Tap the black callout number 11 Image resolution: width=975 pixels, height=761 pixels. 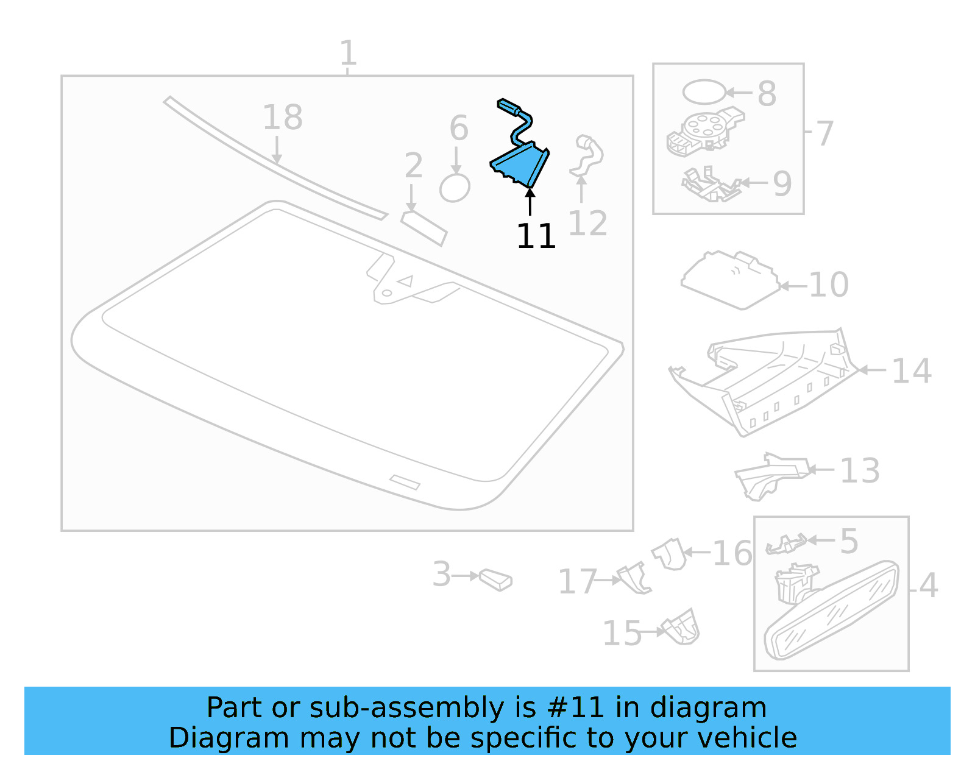[536, 236]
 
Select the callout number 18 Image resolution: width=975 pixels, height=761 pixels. [282, 118]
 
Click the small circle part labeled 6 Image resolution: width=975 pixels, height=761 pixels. [455, 188]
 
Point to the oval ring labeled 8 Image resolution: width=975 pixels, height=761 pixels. [704, 92]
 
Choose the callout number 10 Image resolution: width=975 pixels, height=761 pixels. [829, 285]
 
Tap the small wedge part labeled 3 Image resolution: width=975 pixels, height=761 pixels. [496, 579]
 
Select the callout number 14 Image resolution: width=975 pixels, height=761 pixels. [911, 370]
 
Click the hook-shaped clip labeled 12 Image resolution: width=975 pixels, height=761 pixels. [586, 155]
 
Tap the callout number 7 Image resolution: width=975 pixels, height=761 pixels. [824, 133]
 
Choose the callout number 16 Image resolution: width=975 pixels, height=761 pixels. [732, 553]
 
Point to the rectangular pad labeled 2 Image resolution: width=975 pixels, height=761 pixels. [424, 228]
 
